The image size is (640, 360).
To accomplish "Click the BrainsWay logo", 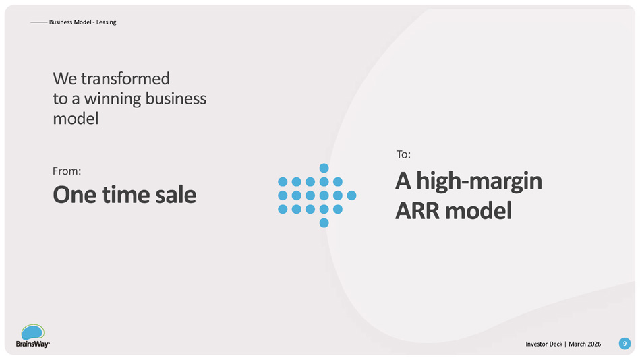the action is pos(32,336).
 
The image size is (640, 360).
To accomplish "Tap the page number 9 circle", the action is pos(624,344).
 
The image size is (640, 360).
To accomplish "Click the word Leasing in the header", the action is pos(106,22).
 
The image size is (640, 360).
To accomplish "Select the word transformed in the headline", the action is pos(125,78).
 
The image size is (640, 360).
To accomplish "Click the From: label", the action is pos(67,171).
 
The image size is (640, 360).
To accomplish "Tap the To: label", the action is pos(403,154).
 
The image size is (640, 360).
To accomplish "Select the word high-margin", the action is pos(479,181).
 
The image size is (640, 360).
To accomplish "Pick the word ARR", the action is pos(418,210).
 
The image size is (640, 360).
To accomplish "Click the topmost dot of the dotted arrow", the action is pos(324,168).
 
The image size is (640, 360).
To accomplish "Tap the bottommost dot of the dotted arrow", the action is pos(324,223).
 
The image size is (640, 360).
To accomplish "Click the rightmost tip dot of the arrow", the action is pos(351,196).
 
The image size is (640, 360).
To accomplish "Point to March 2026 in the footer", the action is pos(585,344).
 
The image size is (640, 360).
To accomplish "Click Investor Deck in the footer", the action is pos(544,344).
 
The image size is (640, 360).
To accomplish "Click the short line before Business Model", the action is pos(38,22).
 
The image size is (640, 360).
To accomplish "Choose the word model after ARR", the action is pos(478,210).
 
